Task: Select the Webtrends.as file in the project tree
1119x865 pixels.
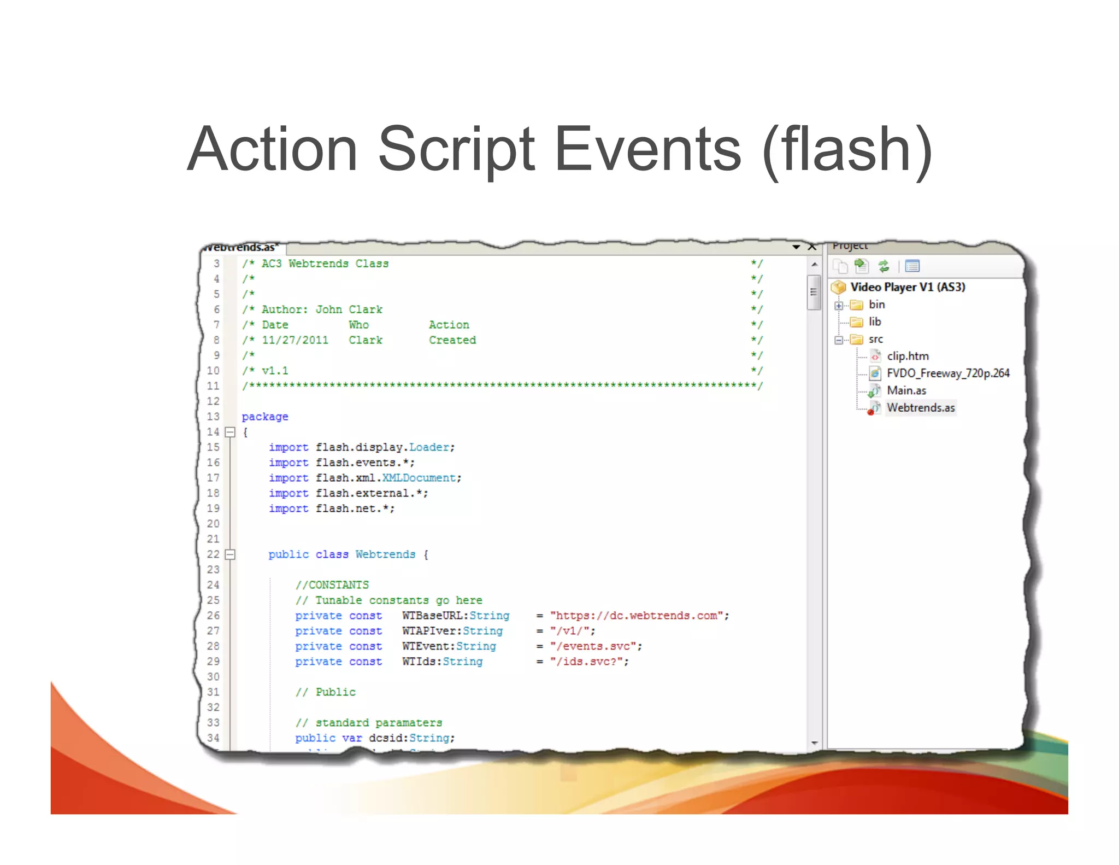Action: coord(921,408)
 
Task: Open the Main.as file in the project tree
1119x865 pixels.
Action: coord(906,390)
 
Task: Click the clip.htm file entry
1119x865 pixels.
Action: coord(908,356)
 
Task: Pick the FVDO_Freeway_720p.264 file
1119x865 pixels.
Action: coord(947,373)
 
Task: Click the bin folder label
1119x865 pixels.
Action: coord(876,305)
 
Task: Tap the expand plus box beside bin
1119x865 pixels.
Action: coord(839,306)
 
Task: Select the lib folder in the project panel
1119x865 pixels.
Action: coord(874,322)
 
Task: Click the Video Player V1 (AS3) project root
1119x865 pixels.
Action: coord(907,287)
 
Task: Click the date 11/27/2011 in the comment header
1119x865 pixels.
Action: coord(295,340)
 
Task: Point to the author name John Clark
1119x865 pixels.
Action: coord(349,309)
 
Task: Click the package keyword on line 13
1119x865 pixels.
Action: coord(264,417)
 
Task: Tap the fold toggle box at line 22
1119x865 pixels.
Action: coord(230,554)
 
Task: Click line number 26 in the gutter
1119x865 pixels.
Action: coord(213,616)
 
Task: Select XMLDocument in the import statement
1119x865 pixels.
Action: coord(419,478)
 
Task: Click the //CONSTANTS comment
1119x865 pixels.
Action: coord(332,585)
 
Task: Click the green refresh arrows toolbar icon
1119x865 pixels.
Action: coord(884,266)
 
